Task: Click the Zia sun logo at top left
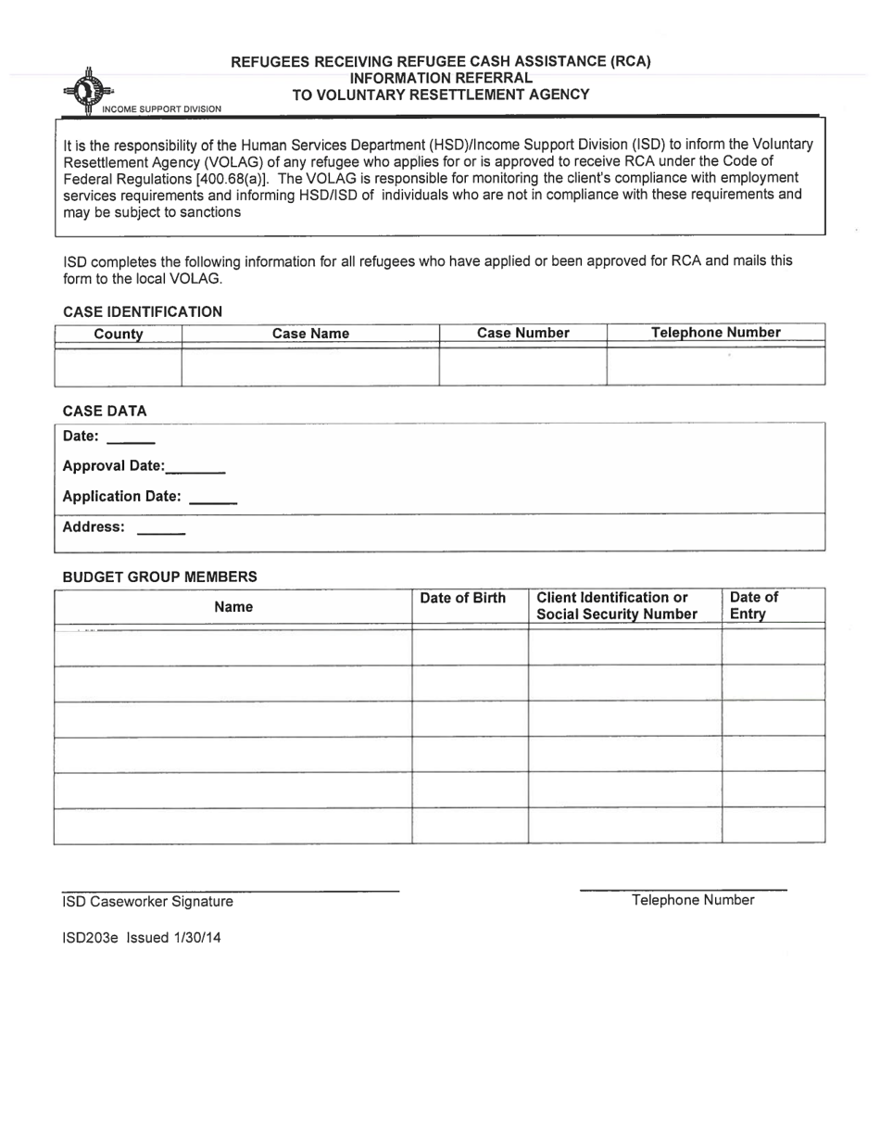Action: [88, 92]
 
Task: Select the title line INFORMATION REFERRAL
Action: [441, 78]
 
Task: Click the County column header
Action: [119, 334]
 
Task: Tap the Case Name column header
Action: [310, 334]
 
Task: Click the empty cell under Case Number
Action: [522, 365]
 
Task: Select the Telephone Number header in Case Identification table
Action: [715, 333]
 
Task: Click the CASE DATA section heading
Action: [105, 411]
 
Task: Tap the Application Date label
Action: [121, 497]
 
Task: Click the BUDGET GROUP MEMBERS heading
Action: [159, 576]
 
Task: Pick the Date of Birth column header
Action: [463, 598]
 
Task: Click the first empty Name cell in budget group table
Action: [233, 647]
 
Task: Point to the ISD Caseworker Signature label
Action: [147, 902]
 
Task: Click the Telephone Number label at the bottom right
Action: [692, 900]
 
